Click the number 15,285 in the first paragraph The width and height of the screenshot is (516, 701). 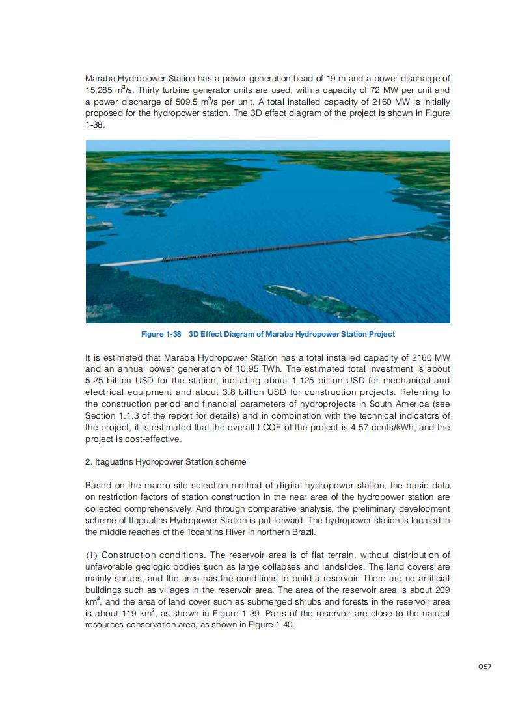[100, 90]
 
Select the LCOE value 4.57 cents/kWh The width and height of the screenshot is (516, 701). [374, 427]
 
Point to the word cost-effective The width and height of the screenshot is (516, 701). [154, 439]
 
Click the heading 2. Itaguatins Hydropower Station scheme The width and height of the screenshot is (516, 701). [166, 462]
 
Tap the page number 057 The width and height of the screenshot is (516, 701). [484, 667]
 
